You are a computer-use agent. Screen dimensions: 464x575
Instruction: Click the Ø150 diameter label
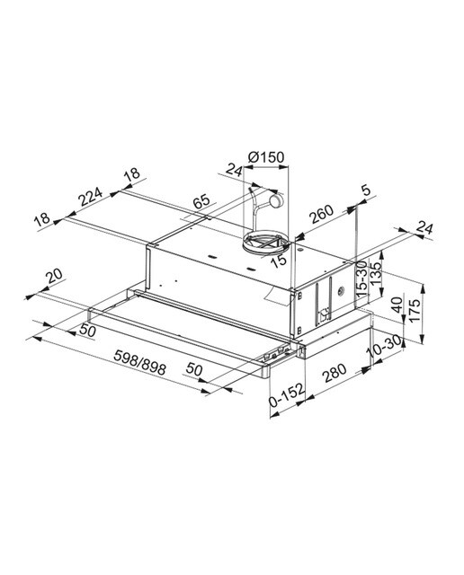(266, 157)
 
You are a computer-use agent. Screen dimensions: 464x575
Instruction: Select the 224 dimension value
(90, 197)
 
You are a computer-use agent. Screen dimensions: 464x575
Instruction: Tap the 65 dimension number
(201, 201)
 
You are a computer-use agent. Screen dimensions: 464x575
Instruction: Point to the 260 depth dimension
(322, 214)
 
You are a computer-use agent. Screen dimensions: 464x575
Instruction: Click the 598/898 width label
(139, 362)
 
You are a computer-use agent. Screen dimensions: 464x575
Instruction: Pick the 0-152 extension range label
(287, 395)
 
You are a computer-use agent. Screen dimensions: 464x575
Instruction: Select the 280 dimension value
(334, 373)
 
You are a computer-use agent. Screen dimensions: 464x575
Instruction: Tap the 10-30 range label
(384, 345)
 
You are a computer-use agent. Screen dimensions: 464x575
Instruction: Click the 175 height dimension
(415, 311)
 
